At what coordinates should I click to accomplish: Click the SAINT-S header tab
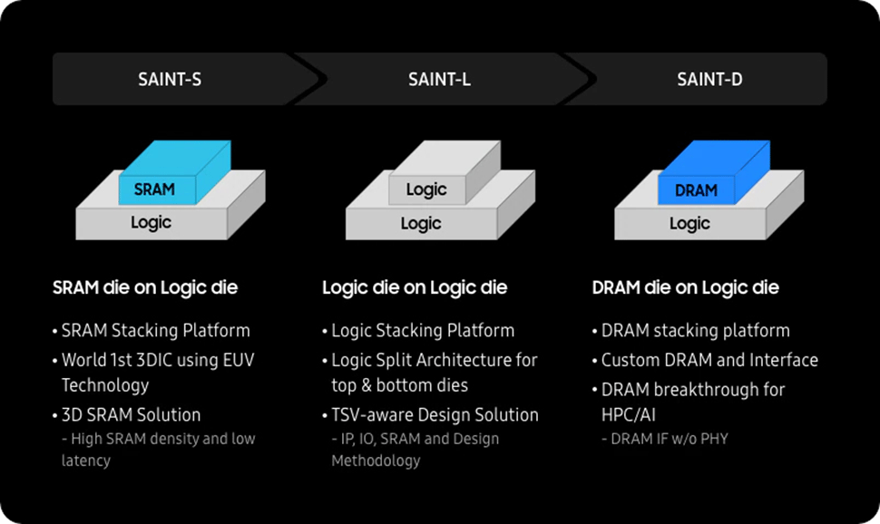coord(170,80)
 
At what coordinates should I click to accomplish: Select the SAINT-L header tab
coord(439,80)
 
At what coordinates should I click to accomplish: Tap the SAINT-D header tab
coord(709,80)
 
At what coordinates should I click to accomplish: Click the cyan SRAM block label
coord(154,190)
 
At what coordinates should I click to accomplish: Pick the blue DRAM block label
coord(696,190)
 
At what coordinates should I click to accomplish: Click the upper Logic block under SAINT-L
coord(426,189)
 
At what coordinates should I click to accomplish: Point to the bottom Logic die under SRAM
coord(151,222)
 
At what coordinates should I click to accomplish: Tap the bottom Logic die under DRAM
coord(689,223)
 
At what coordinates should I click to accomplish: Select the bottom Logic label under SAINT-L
coord(421,223)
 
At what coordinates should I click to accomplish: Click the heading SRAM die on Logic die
coord(145,288)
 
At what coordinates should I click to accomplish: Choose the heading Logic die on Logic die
coord(415,288)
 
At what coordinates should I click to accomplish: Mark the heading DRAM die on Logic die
coord(685,288)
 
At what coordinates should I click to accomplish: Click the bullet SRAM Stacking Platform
coord(155,331)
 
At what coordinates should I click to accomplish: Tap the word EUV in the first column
coord(237,360)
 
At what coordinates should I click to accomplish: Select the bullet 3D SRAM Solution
coord(131,414)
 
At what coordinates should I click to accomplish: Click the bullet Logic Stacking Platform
coord(423,331)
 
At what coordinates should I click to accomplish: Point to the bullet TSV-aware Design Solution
coord(435,414)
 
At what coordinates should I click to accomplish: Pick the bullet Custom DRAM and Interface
coord(709,360)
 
